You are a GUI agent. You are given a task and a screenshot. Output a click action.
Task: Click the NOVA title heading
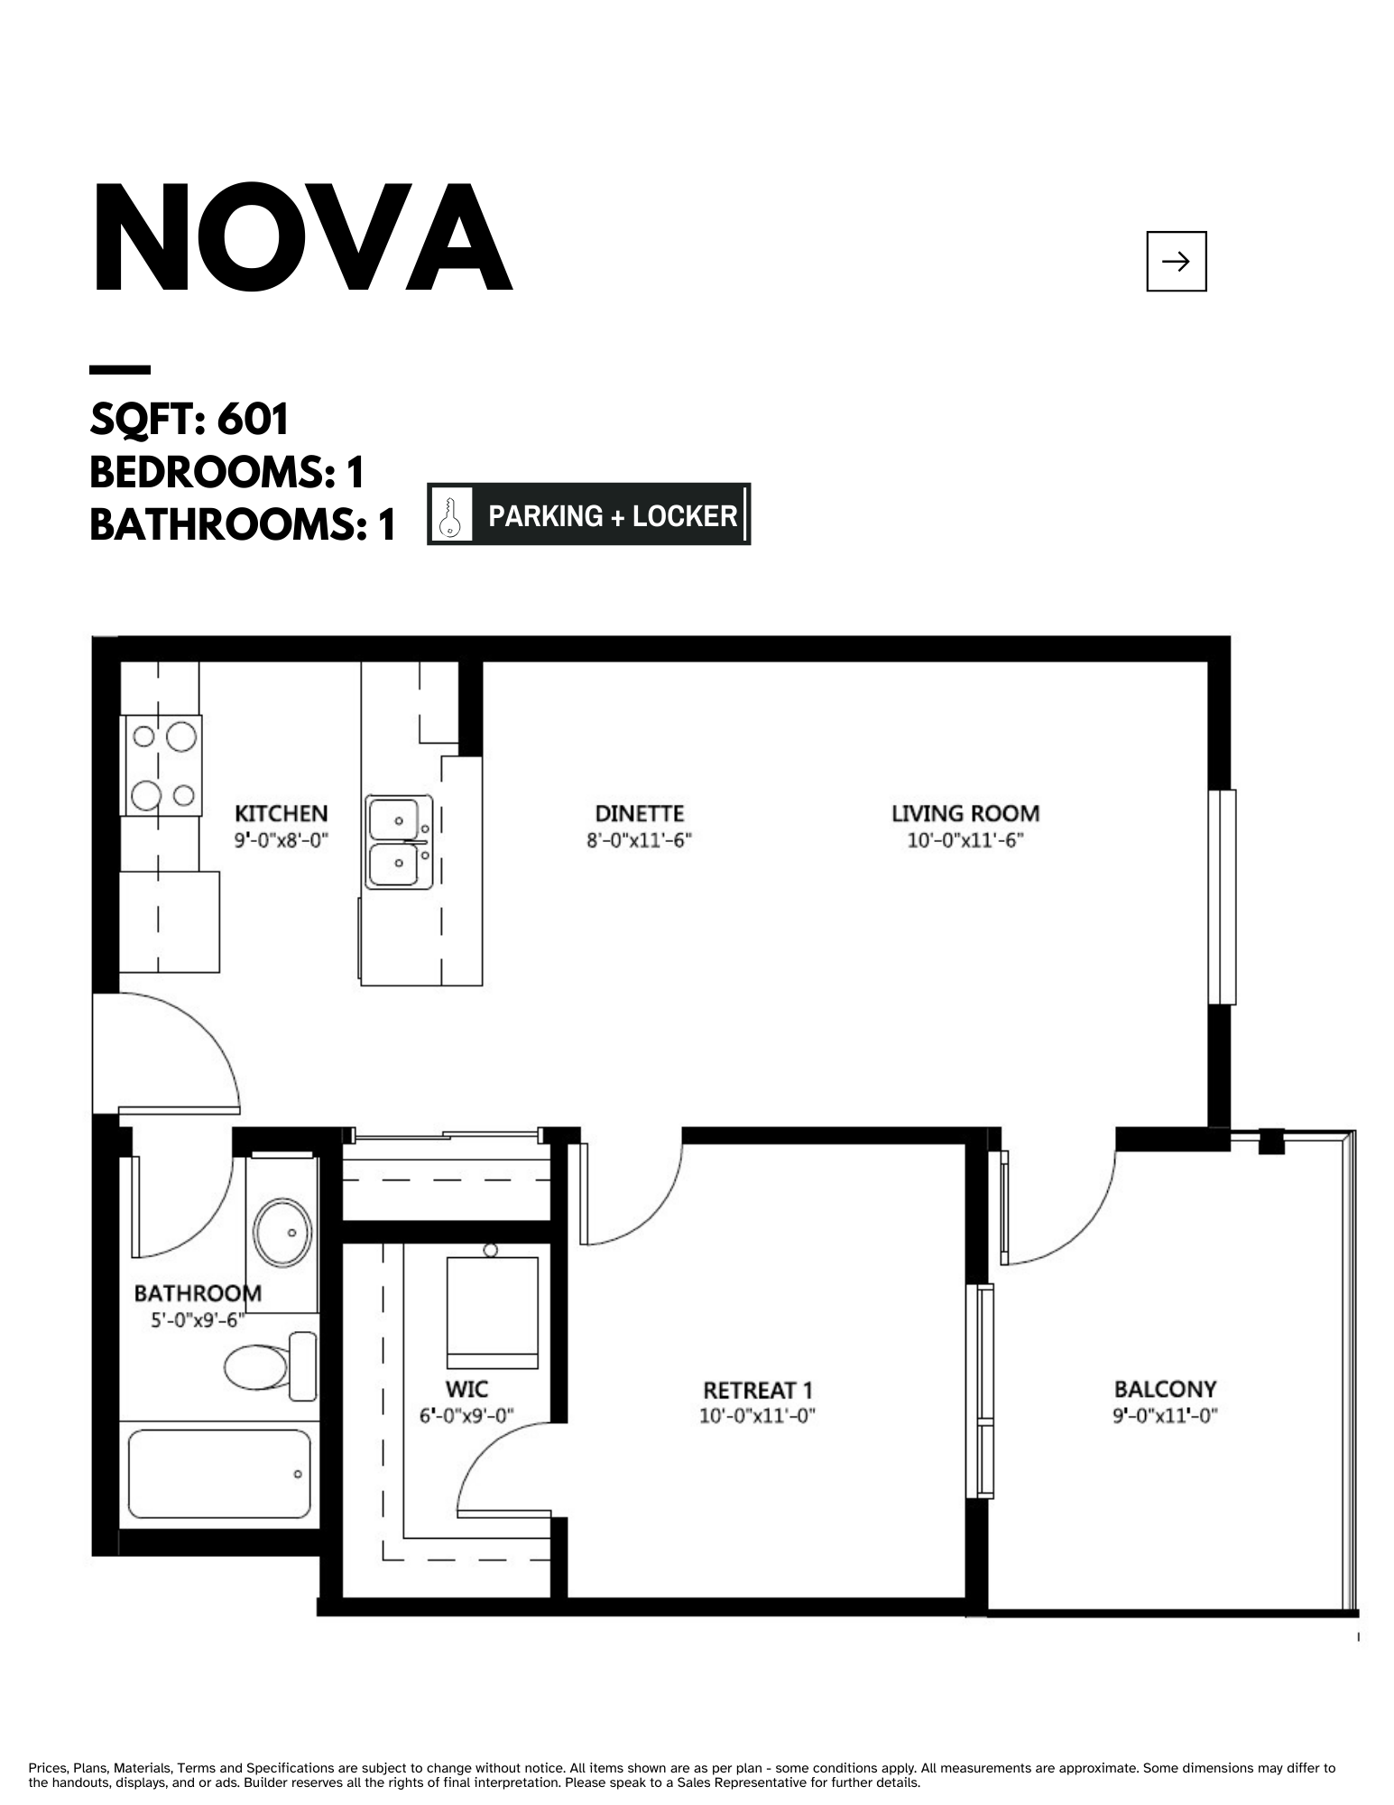coord(301,239)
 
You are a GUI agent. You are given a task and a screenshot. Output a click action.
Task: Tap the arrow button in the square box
coord(1176,262)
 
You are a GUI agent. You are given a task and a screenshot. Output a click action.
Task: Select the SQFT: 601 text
coord(189,419)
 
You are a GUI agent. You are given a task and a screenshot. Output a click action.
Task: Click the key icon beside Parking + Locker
coord(450,514)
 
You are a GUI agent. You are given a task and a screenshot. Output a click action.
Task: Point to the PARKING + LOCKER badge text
coord(613,515)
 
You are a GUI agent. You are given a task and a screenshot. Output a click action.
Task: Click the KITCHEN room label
coord(282,813)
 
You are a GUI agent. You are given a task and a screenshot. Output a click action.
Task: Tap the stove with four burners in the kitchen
coord(162,765)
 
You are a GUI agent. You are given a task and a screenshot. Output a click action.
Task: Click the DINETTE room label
coord(639,813)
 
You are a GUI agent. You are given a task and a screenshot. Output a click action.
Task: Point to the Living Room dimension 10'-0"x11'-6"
coord(965,841)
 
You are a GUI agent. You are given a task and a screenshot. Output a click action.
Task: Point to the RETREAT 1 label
coord(758,1390)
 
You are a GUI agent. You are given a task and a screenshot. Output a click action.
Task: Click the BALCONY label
coord(1165,1388)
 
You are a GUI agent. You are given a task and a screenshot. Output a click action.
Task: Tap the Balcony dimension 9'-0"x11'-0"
coord(1165,1416)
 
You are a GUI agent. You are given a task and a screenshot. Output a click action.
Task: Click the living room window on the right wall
coord(1222,897)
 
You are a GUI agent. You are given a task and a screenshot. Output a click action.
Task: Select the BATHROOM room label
coord(198,1293)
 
